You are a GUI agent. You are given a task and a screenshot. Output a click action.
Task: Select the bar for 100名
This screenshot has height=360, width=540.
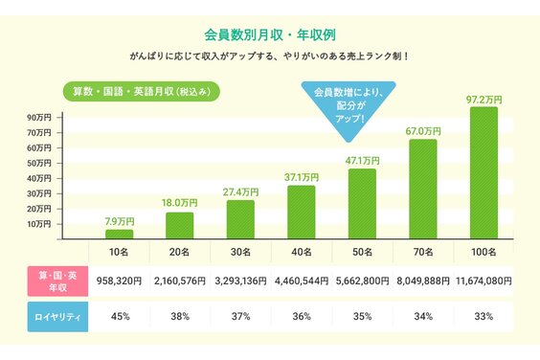point(484,172)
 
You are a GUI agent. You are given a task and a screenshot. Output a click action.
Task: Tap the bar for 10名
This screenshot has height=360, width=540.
point(119,234)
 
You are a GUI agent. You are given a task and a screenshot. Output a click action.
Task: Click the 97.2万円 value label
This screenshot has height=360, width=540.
point(484,99)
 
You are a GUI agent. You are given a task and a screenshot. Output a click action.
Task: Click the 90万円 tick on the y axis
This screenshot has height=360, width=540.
point(39,117)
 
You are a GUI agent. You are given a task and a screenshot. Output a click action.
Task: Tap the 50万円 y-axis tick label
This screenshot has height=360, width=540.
point(39,164)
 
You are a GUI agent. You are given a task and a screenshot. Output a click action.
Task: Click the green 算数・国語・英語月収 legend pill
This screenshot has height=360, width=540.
point(143,92)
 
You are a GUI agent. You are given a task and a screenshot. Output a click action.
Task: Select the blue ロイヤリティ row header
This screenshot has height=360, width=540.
point(57,316)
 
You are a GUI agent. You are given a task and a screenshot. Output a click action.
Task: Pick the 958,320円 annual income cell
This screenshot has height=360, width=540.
point(119,282)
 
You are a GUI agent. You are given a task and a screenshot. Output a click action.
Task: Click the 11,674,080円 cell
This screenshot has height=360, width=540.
point(482,282)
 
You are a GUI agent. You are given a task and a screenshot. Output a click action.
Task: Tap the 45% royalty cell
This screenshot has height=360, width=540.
point(119,316)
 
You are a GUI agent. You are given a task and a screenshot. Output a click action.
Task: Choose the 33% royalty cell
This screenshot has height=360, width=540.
point(484,316)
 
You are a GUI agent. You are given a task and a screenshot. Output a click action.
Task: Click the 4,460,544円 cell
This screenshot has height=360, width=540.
point(302,282)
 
